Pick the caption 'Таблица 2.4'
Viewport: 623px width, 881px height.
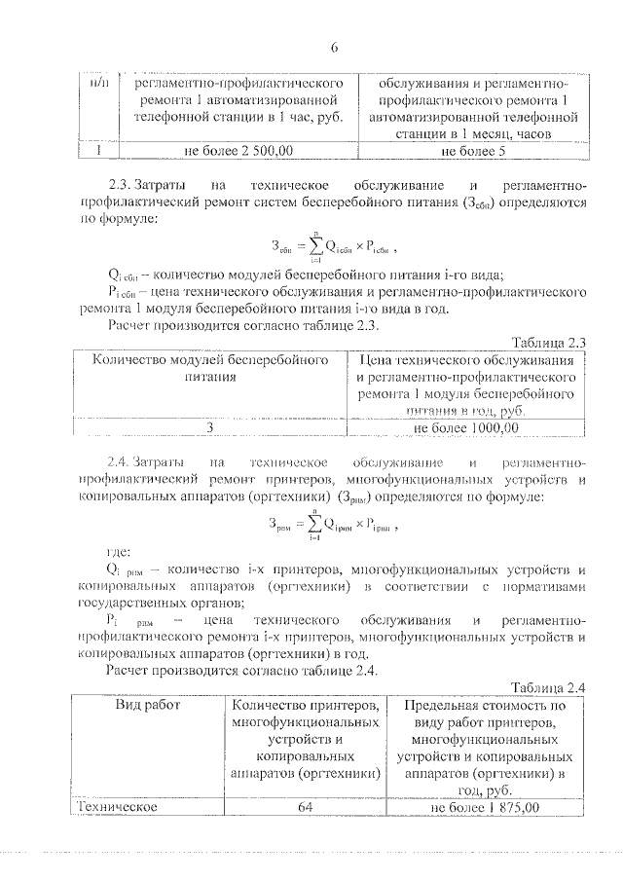(547, 687)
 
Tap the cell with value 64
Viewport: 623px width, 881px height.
(305, 807)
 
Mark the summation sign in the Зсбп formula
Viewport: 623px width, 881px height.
(314, 246)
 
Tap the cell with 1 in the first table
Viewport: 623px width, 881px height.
(95, 152)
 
